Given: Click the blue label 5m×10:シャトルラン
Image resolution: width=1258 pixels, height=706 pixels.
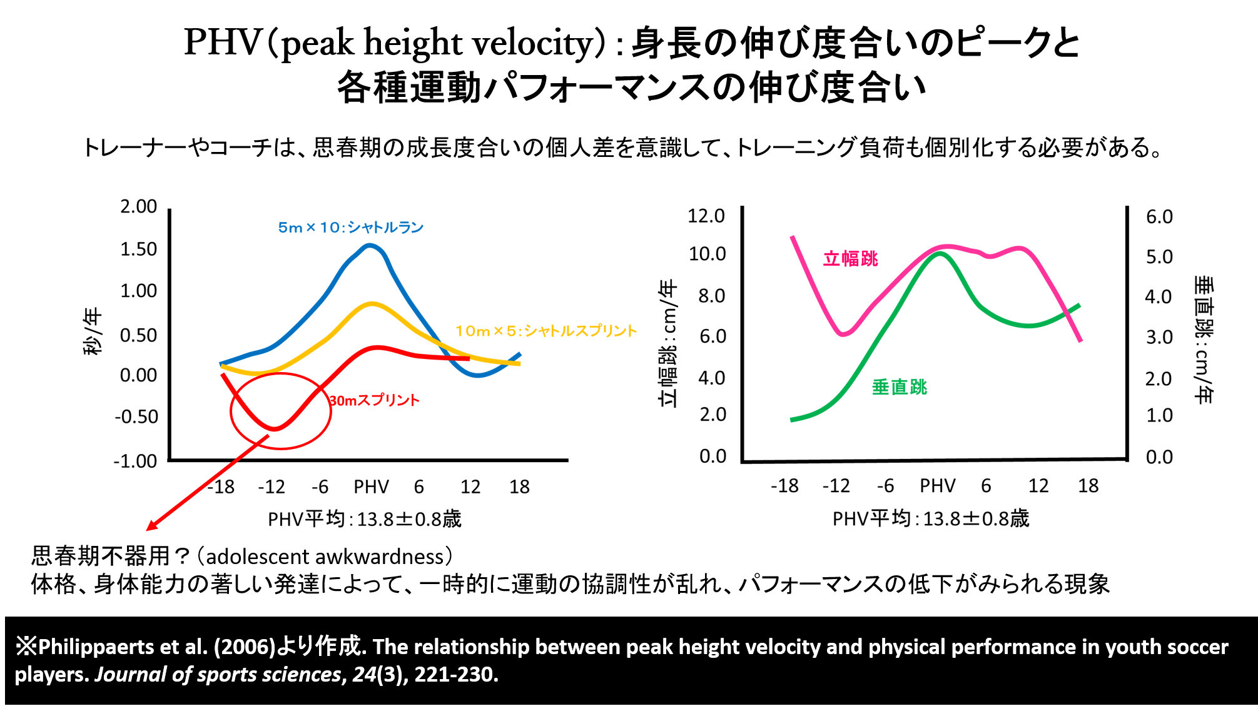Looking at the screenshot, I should click(350, 227).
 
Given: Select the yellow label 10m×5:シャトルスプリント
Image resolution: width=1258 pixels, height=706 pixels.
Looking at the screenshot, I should click(545, 331).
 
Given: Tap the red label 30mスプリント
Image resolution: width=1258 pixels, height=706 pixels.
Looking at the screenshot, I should click(375, 400).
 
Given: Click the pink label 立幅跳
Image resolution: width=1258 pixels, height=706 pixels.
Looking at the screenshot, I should click(850, 258).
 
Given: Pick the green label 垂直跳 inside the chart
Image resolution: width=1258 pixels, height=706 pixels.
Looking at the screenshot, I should click(899, 387).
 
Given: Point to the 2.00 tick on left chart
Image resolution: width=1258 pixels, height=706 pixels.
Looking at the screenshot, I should click(138, 206).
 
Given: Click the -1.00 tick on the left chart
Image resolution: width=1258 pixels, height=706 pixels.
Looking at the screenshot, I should click(135, 461).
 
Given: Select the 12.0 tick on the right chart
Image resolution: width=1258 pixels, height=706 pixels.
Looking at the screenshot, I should click(706, 216).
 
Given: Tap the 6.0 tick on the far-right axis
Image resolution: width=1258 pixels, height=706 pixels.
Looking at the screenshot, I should click(1159, 217).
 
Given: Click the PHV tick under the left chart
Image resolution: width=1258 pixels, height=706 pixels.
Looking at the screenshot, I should click(371, 487).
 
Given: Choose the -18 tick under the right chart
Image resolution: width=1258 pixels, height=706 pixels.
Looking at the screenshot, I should click(784, 485).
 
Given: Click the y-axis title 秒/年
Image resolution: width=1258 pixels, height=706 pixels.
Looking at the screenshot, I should click(92, 331).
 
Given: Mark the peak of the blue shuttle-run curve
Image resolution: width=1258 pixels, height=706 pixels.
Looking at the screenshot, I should click(370, 245).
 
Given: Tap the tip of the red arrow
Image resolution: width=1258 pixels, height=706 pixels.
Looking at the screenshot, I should click(148, 529).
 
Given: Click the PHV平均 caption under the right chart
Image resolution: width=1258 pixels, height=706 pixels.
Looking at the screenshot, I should click(930, 518).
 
